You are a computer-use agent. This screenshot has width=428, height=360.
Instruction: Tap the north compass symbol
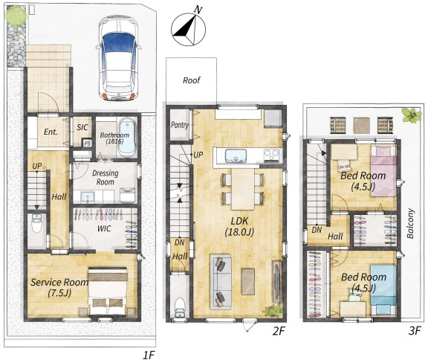[x=188, y=29]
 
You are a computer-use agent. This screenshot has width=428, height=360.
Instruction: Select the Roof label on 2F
[x=192, y=80]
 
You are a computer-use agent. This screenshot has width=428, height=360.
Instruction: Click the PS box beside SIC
[x=87, y=143]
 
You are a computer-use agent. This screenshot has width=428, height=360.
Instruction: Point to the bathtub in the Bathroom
[x=127, y=138]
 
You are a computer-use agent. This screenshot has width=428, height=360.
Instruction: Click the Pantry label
[x=180, y=126]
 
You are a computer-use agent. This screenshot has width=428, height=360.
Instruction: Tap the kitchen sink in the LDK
[x=236, y=156]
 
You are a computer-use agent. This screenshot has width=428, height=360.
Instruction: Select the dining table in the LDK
[x=243, y=189]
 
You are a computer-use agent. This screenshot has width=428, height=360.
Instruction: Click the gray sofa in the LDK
[x=221, y=282]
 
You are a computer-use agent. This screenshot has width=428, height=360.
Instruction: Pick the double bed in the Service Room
[x=108, y=291]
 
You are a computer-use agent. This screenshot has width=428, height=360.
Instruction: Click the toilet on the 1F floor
[x=36, y=223]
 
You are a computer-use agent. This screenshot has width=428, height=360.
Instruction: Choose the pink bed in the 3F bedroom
[x=383, y=171]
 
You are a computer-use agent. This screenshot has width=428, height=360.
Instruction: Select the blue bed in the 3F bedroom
[x=383, y=289]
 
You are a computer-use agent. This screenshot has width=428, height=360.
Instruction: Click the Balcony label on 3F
[x=410, y=224]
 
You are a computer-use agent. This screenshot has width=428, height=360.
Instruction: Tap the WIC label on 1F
[x=104, y=228]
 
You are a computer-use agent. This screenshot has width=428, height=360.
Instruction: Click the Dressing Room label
[x=105, y=178]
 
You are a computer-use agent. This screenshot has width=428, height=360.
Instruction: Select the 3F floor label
[x=414, y=331]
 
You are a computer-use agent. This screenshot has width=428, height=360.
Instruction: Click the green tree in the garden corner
[x=16, y=16]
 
